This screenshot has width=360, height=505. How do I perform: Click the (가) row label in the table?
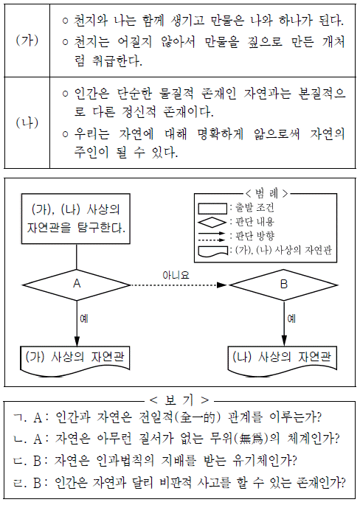(27, 41)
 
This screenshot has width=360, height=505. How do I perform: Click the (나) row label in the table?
(27, 122)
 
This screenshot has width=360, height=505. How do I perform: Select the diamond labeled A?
(77, 285)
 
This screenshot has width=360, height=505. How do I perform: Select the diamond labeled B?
(283, 285)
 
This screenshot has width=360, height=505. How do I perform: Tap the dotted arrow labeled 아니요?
(179, 285)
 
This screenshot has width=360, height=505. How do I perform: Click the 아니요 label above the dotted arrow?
(176, 275)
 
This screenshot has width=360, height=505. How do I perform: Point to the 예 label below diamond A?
(84, 318)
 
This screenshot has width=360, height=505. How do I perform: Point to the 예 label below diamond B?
(291, 318)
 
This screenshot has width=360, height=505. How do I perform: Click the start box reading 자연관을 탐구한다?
(76, 219)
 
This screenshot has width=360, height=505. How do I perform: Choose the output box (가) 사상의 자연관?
(75, 361)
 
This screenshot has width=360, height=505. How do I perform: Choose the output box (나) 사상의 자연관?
(283, 361)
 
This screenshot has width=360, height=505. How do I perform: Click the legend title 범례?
(266, 194)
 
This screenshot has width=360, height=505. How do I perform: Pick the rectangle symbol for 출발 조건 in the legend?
(212, 209)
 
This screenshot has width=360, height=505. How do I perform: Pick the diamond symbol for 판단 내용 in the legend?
(212, 222)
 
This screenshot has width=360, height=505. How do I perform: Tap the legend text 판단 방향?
(255, 236)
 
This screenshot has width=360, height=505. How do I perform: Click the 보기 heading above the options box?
(179, 400)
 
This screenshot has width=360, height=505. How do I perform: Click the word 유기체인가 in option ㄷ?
(264, 461)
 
